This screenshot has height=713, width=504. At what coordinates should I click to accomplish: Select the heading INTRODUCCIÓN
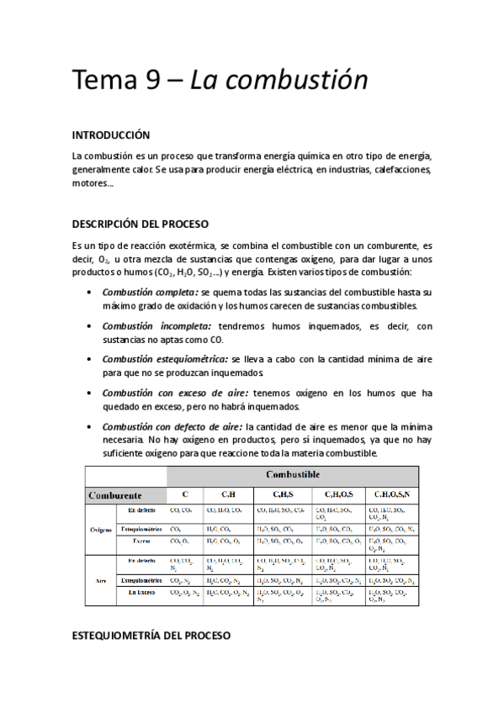(x=111, y=135)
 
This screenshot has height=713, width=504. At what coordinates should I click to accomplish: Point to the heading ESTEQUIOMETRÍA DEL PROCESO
(x=151, y=636)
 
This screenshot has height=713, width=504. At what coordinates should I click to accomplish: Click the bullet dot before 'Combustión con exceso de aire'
(x=90, y=393)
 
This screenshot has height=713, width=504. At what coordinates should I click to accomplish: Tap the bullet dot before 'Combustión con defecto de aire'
(x=90, y=427)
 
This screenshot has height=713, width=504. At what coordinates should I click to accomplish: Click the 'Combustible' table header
(x=292, y=476)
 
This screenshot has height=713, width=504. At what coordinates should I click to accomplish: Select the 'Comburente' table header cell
(x=116, y=496)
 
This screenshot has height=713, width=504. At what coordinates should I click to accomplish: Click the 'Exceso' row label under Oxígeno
(x=140, y=541)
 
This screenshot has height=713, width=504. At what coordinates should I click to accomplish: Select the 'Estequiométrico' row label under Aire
(x=141, y=580)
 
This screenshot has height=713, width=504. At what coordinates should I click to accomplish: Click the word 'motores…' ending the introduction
(x=92, y=183)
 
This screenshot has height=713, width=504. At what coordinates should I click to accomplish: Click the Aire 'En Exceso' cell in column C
(x=183, y=594)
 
